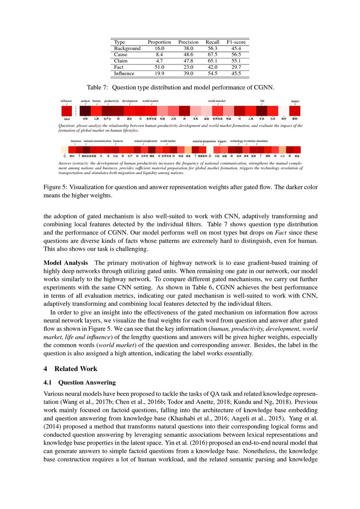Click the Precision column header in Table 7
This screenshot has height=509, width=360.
coord(188,42)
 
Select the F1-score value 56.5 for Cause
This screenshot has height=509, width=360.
coord(237,55)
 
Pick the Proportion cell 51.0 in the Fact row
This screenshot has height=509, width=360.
coord(159,67)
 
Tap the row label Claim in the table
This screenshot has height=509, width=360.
coord(121,61)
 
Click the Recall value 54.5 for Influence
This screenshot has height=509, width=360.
coord(212,74)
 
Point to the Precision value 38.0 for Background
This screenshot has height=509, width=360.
coord(188,48)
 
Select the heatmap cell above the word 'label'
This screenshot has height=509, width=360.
coord(67,111)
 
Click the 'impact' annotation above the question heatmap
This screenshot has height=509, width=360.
coord(295,101)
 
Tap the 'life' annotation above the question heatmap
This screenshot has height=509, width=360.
coord(262,101)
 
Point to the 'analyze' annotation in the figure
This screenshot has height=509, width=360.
coord(85,101)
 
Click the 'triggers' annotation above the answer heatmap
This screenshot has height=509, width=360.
coord(222,142)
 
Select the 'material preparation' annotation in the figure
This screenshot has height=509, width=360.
coord(204,142)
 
